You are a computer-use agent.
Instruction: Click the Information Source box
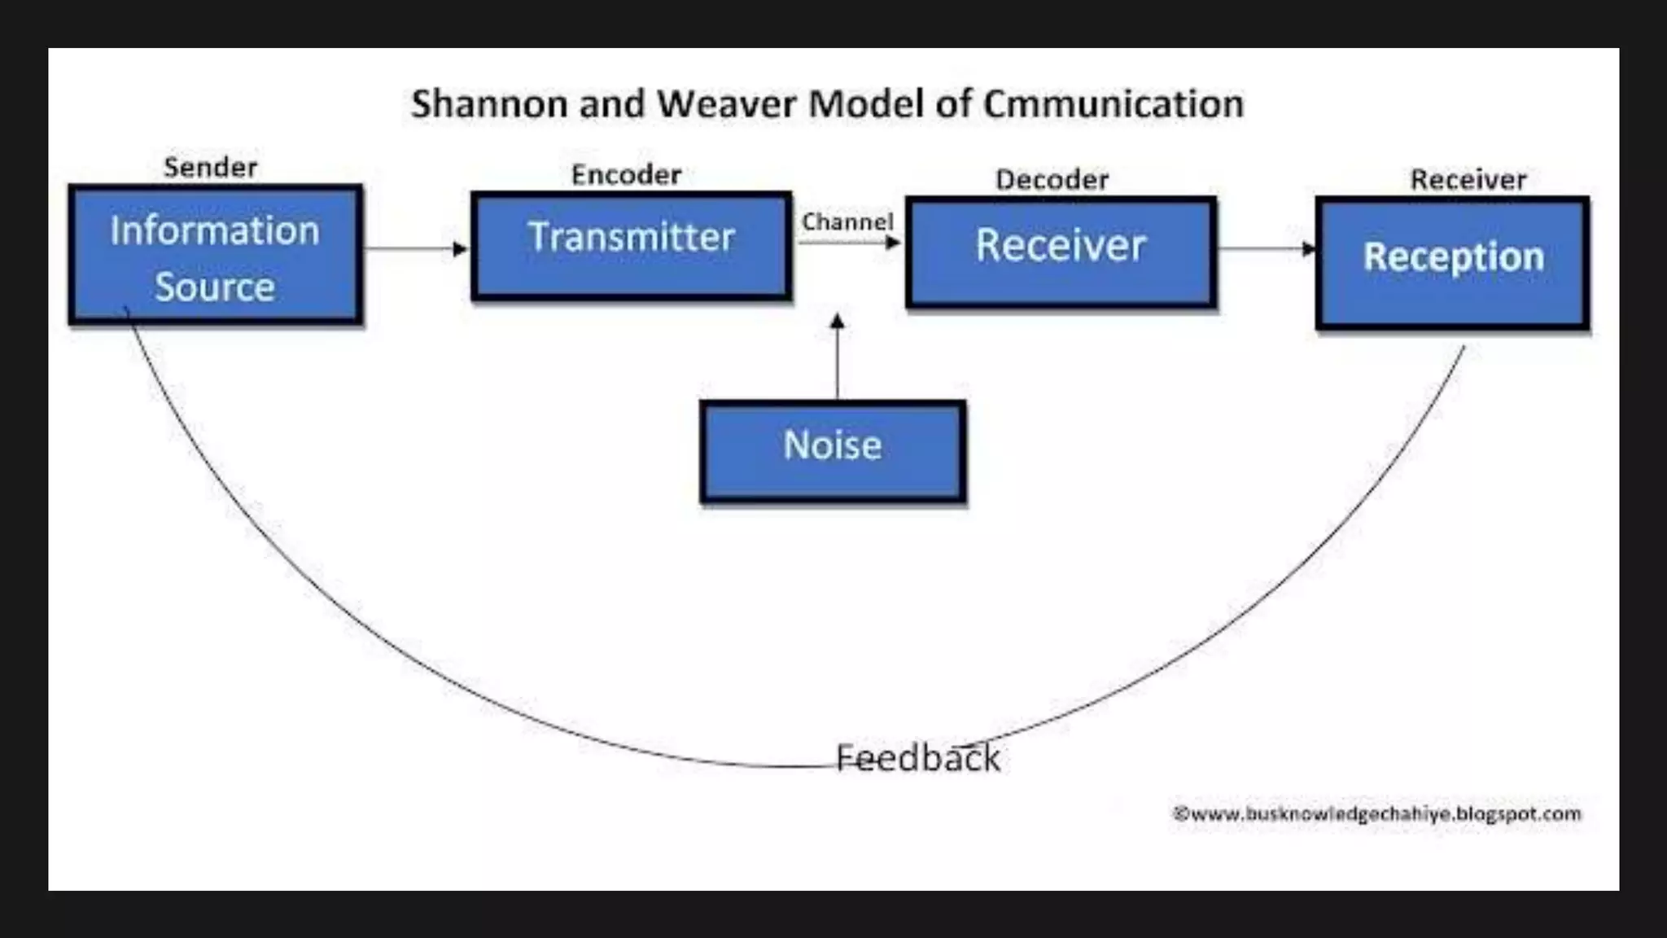[x=216, y=255]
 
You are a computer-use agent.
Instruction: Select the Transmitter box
[x=631, y=246]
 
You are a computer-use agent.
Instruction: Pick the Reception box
[x=1452, y=263]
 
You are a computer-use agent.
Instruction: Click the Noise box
[x=833, y=450]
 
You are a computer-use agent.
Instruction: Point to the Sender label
[x=210, y=168]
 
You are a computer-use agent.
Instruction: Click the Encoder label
[x=626, y=175]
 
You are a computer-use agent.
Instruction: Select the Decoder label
[x=1052, y=180]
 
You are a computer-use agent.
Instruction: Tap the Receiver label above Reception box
[x=1468, y=180]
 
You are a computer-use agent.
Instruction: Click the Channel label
[x=847, y=221]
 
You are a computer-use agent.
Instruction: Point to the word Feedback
[x=917, y=758]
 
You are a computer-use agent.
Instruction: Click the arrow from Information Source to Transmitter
[x=415, y=248]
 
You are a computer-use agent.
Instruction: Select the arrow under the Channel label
[x=849, y=243]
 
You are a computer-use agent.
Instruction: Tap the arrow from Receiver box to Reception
[x=1266, y=248]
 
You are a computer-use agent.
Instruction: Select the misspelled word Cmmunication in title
[x=1113, y=104]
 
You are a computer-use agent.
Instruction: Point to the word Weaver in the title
[x=726, y=104]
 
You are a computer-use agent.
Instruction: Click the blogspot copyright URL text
[x=1376, y=813]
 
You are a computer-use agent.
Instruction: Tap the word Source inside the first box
[x=215, y=287]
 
